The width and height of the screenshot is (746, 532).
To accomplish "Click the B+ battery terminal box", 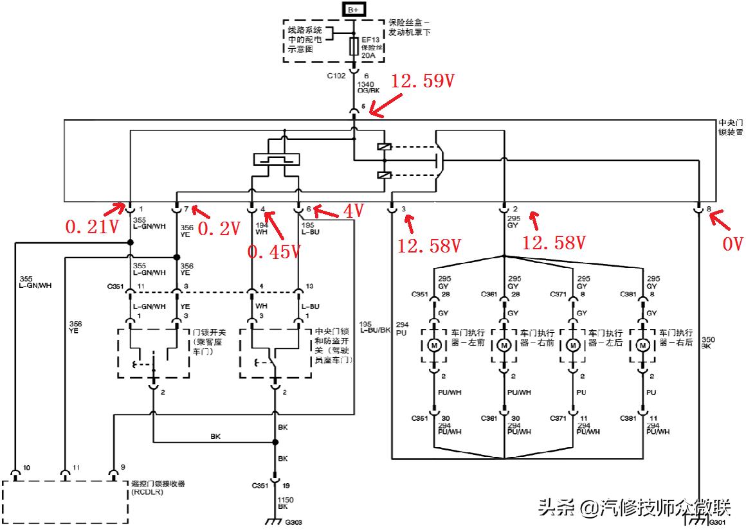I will click(353, 9).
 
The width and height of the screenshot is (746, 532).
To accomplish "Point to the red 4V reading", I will click(353, 210).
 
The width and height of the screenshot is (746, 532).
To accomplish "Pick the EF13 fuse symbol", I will click(353, 47).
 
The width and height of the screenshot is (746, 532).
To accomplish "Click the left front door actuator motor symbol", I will click(435, 346).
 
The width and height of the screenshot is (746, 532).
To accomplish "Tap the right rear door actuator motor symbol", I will click(642, 346).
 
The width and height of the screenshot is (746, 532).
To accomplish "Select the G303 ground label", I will click(293, 522).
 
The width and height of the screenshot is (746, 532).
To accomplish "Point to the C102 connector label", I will click(336, 76).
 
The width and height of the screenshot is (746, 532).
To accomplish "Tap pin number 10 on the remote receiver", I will click(25, 468).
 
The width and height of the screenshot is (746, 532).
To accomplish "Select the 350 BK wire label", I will click(707, 342).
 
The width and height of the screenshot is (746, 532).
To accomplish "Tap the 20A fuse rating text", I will click(368, 56).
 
